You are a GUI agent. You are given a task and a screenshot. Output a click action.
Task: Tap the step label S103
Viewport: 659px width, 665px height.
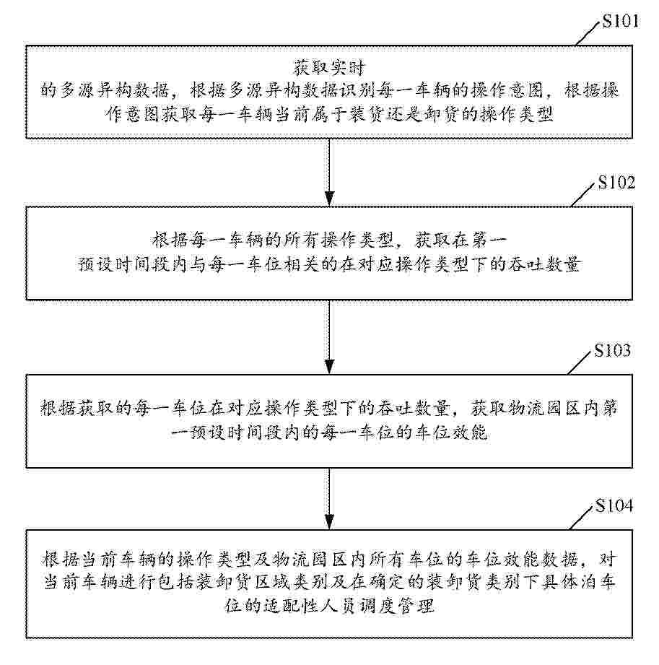point(613,351)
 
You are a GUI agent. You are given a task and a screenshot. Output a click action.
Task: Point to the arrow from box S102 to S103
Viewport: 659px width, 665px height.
point(329,336)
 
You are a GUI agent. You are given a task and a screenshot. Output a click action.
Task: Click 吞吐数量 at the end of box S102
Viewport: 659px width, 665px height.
point(546,264)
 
